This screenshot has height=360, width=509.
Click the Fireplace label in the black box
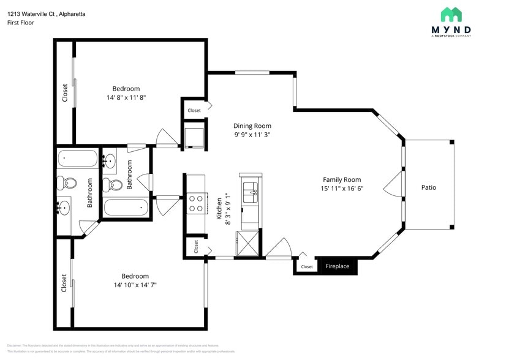(337, 266)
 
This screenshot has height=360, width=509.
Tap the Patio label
(429, 187)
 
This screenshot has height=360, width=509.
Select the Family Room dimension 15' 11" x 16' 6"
(343, 189)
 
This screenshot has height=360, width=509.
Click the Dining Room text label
(252, 126)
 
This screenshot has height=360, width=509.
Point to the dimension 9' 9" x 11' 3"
(252, 135)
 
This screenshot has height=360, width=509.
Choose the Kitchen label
(219, 209)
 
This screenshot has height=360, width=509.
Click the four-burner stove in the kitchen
(195, 203)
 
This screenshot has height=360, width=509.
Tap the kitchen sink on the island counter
(250, 191)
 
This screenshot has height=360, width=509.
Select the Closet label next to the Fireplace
(307, 267)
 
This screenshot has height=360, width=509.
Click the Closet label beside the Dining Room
(194, 111)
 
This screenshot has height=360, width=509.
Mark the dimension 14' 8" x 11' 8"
(126, 97)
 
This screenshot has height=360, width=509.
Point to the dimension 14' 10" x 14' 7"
(135, 285)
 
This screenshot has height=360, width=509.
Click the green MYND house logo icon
(451, 15)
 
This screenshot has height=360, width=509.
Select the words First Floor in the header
(21, 23)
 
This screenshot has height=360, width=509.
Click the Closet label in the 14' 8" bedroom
(65, 93)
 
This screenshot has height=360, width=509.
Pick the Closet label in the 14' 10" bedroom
(64, 283)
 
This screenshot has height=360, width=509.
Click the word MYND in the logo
(451, 29)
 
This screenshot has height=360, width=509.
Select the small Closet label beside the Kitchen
(196, 246)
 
